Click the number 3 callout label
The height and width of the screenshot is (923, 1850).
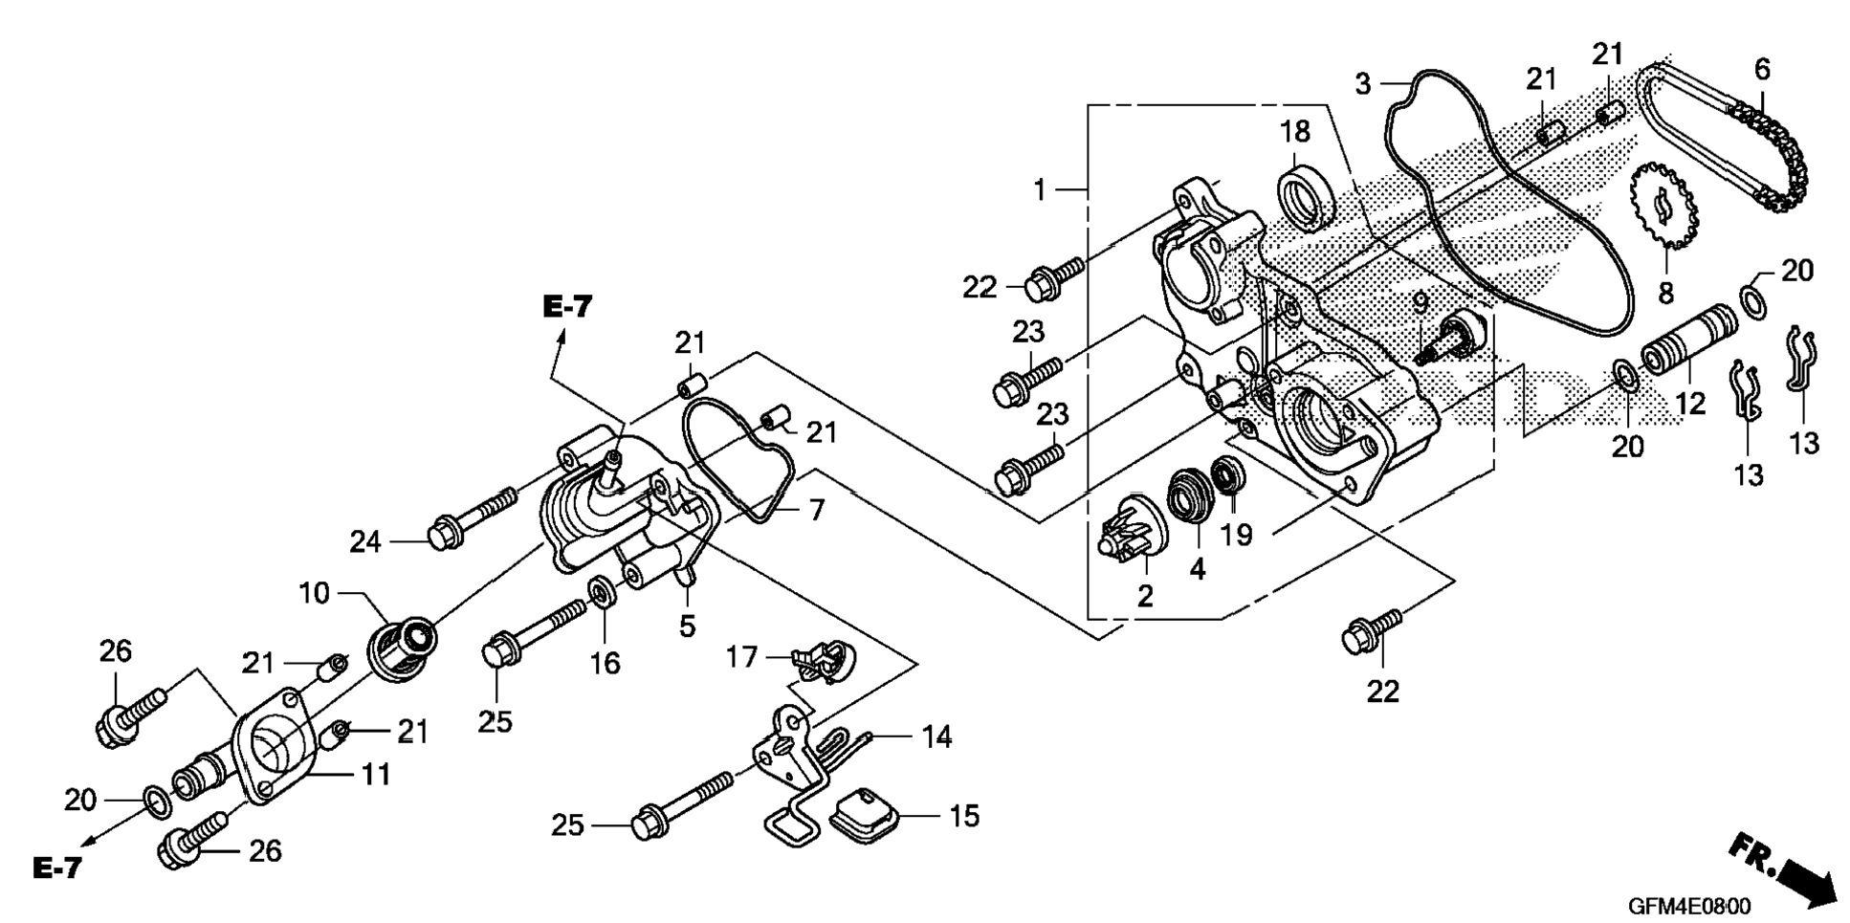(1362, 83)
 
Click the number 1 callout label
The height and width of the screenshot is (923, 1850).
(1041, 190)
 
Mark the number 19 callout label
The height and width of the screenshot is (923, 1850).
(1236, 534)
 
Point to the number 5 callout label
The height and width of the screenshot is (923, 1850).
(687, 626)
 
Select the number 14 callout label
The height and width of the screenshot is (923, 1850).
(937, 736)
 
